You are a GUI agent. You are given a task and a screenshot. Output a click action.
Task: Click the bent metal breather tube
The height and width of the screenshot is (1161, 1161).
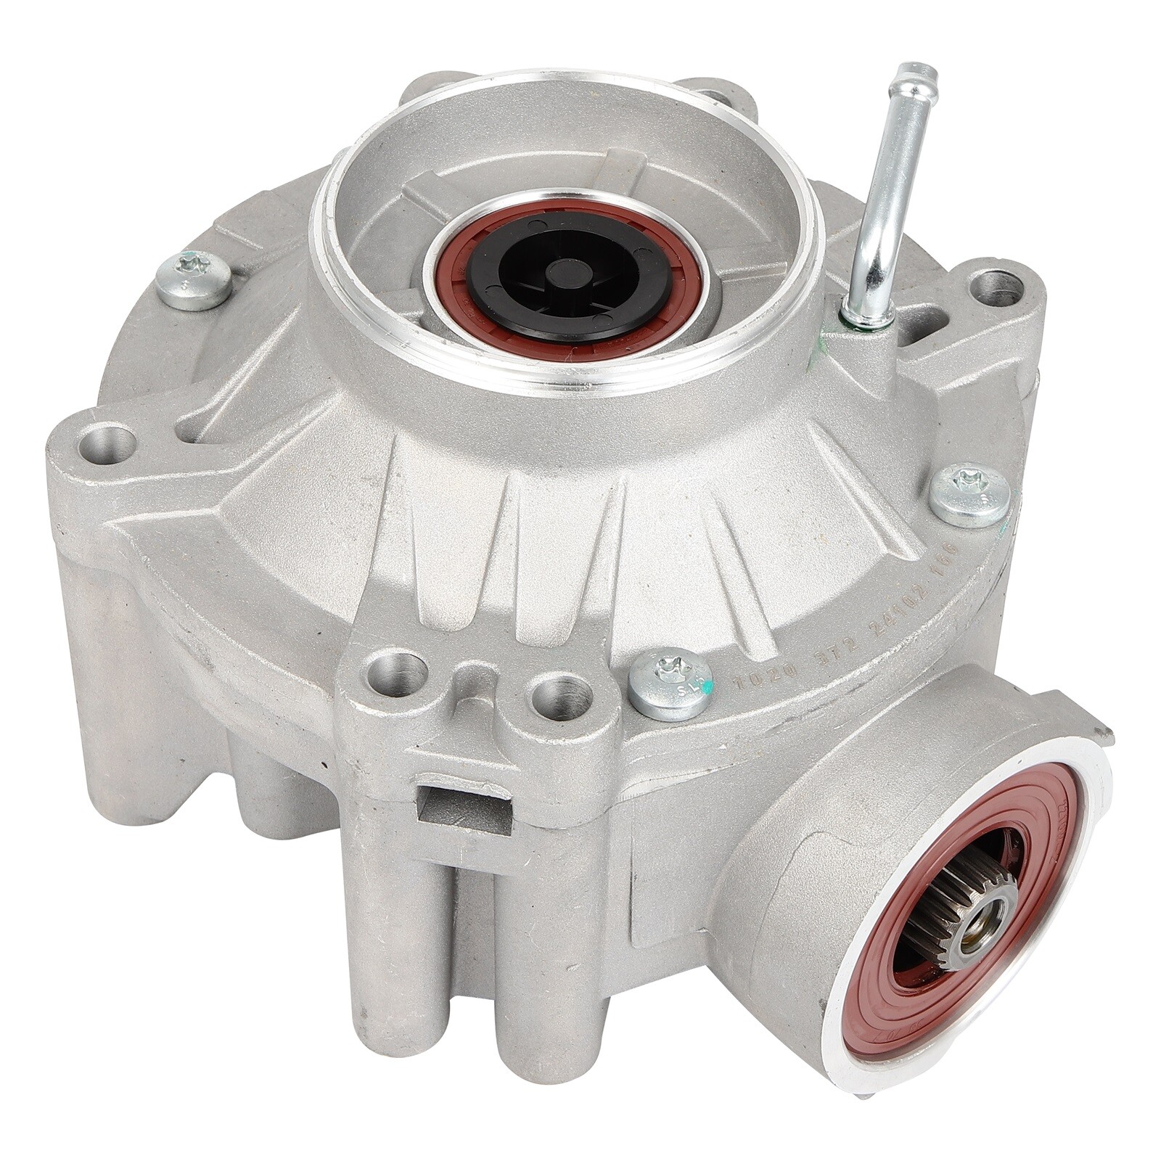coord(887,189)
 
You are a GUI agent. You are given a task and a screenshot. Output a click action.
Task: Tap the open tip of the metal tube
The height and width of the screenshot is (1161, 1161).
coord(916,75)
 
